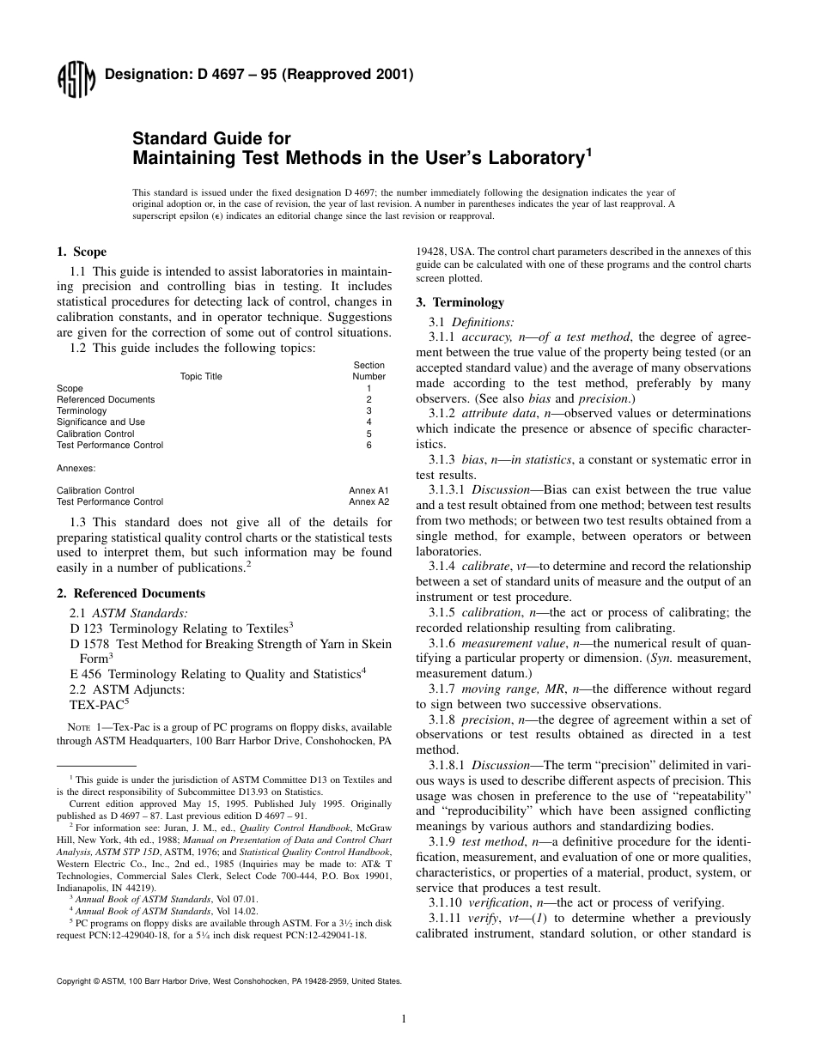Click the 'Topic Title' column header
point(201,376)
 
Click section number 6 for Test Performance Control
point(368,445)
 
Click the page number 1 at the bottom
point(404,1019)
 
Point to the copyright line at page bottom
point(228,980)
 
